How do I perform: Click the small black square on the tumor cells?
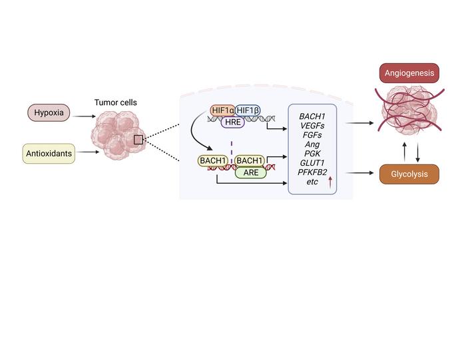138,140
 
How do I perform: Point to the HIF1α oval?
222,110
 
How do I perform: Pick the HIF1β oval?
247,110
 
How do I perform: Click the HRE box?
234,121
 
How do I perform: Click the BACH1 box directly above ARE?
250,160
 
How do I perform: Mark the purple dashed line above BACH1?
231,146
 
